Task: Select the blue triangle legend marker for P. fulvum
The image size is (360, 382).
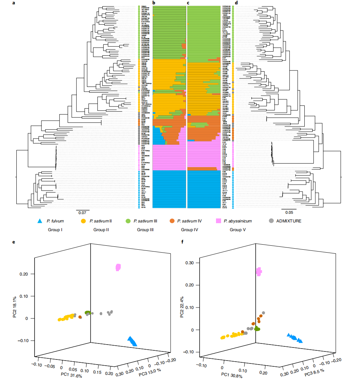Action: click(40, 221)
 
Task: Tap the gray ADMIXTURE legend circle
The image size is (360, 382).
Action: click(271, 221)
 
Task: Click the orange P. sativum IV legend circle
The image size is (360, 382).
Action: click(173, 221)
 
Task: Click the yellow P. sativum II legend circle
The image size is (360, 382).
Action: click(83, 221)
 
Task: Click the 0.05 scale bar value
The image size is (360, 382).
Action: click(289, 213)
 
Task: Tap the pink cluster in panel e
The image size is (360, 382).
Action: click(118, 268)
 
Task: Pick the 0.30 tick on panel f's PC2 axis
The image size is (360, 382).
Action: click(191, 263)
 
